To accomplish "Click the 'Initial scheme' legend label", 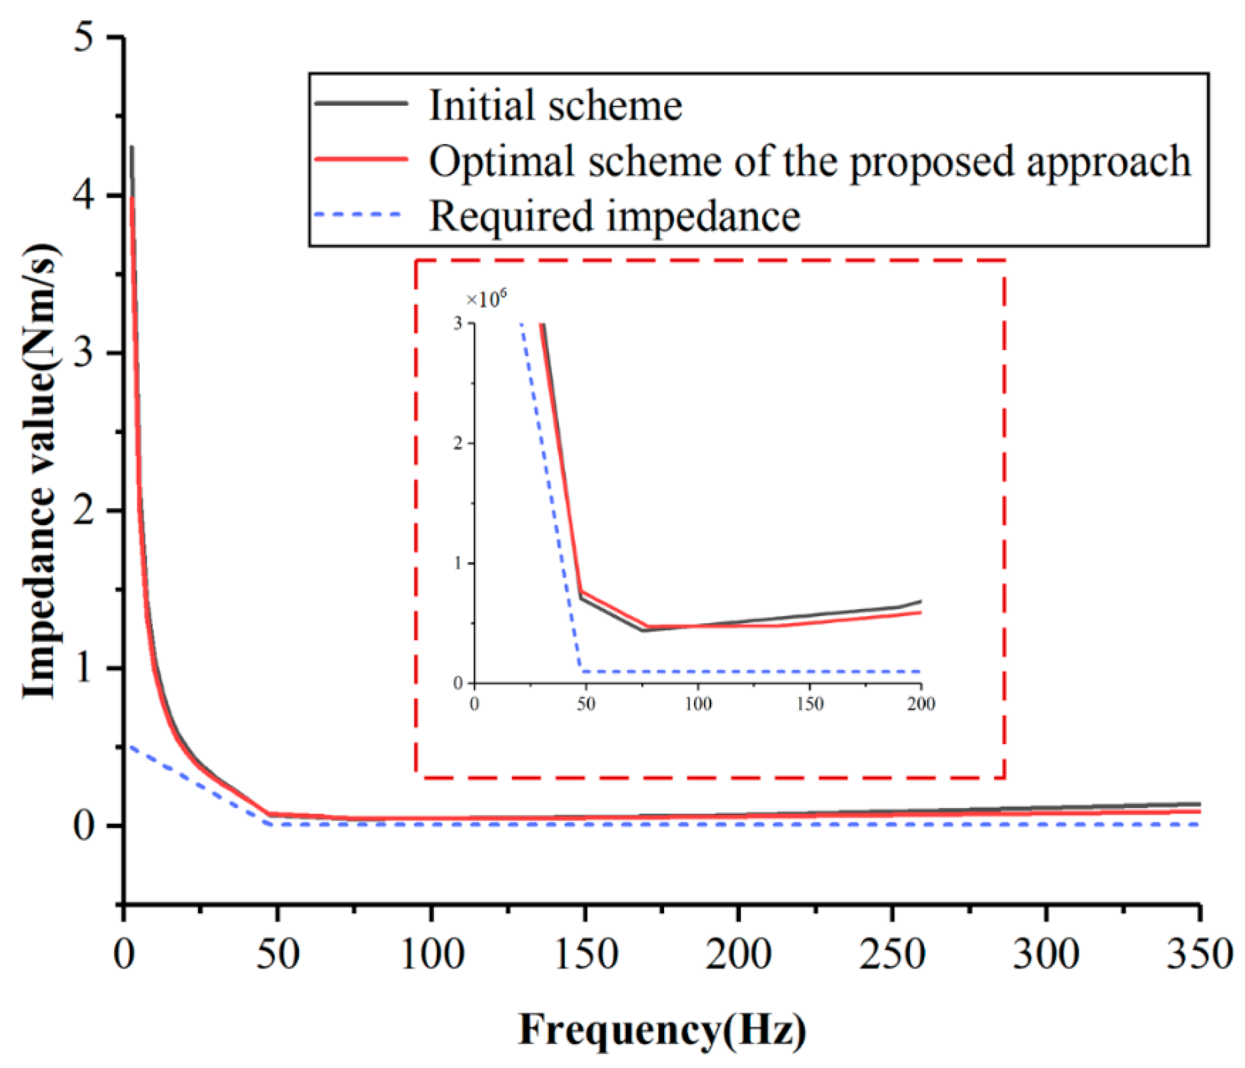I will coord(556,105).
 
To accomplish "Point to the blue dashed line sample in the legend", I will coord(359,214).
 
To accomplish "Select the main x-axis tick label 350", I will coord(1199,954).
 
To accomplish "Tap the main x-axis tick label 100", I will coord(431,954).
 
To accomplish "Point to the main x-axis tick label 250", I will coord(892,954).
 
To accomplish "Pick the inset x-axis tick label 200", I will coord(920,703).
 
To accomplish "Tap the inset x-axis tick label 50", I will coord(586,703).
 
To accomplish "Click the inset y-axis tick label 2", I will coord(459,443).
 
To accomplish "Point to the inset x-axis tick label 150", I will coord(810,703).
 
